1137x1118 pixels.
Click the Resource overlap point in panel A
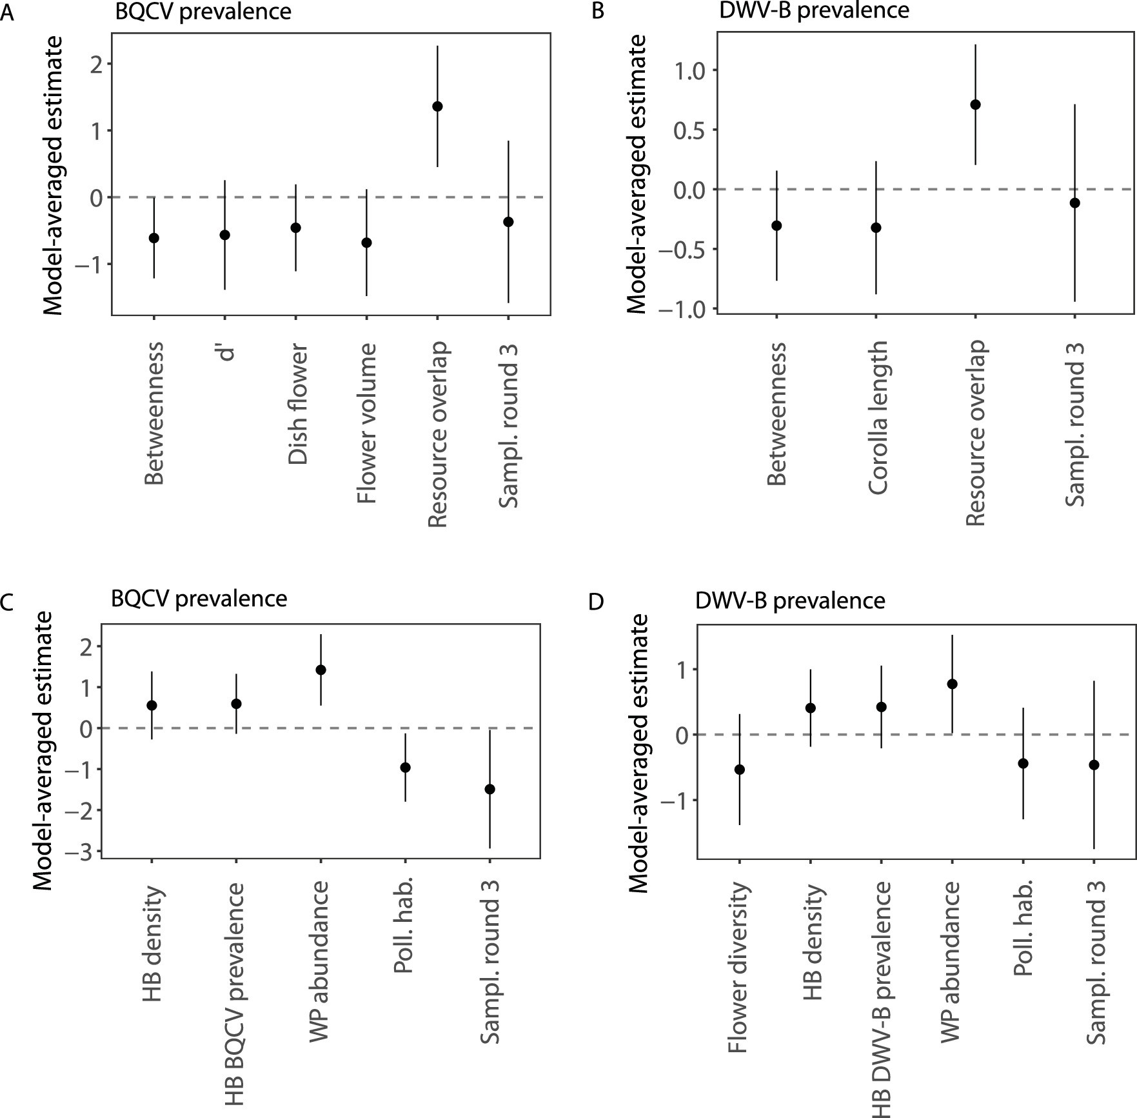(x=437, y=106)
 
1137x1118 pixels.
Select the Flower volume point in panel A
(x=366, y=243)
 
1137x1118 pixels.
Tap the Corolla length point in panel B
(x=876, y=228)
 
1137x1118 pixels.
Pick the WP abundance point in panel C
(x=321, y=670)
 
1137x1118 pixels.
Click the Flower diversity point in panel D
(x=740, y=770)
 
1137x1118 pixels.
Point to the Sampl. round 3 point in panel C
(x=489, y=789)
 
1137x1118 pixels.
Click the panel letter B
(x=598, y=12)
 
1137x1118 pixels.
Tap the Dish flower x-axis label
(x=297, y=404)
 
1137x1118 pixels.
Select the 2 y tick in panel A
(x=97, y=64)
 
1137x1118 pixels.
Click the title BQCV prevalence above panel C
(x=199, y=599)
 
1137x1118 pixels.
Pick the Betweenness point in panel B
(x=776, y=226)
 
